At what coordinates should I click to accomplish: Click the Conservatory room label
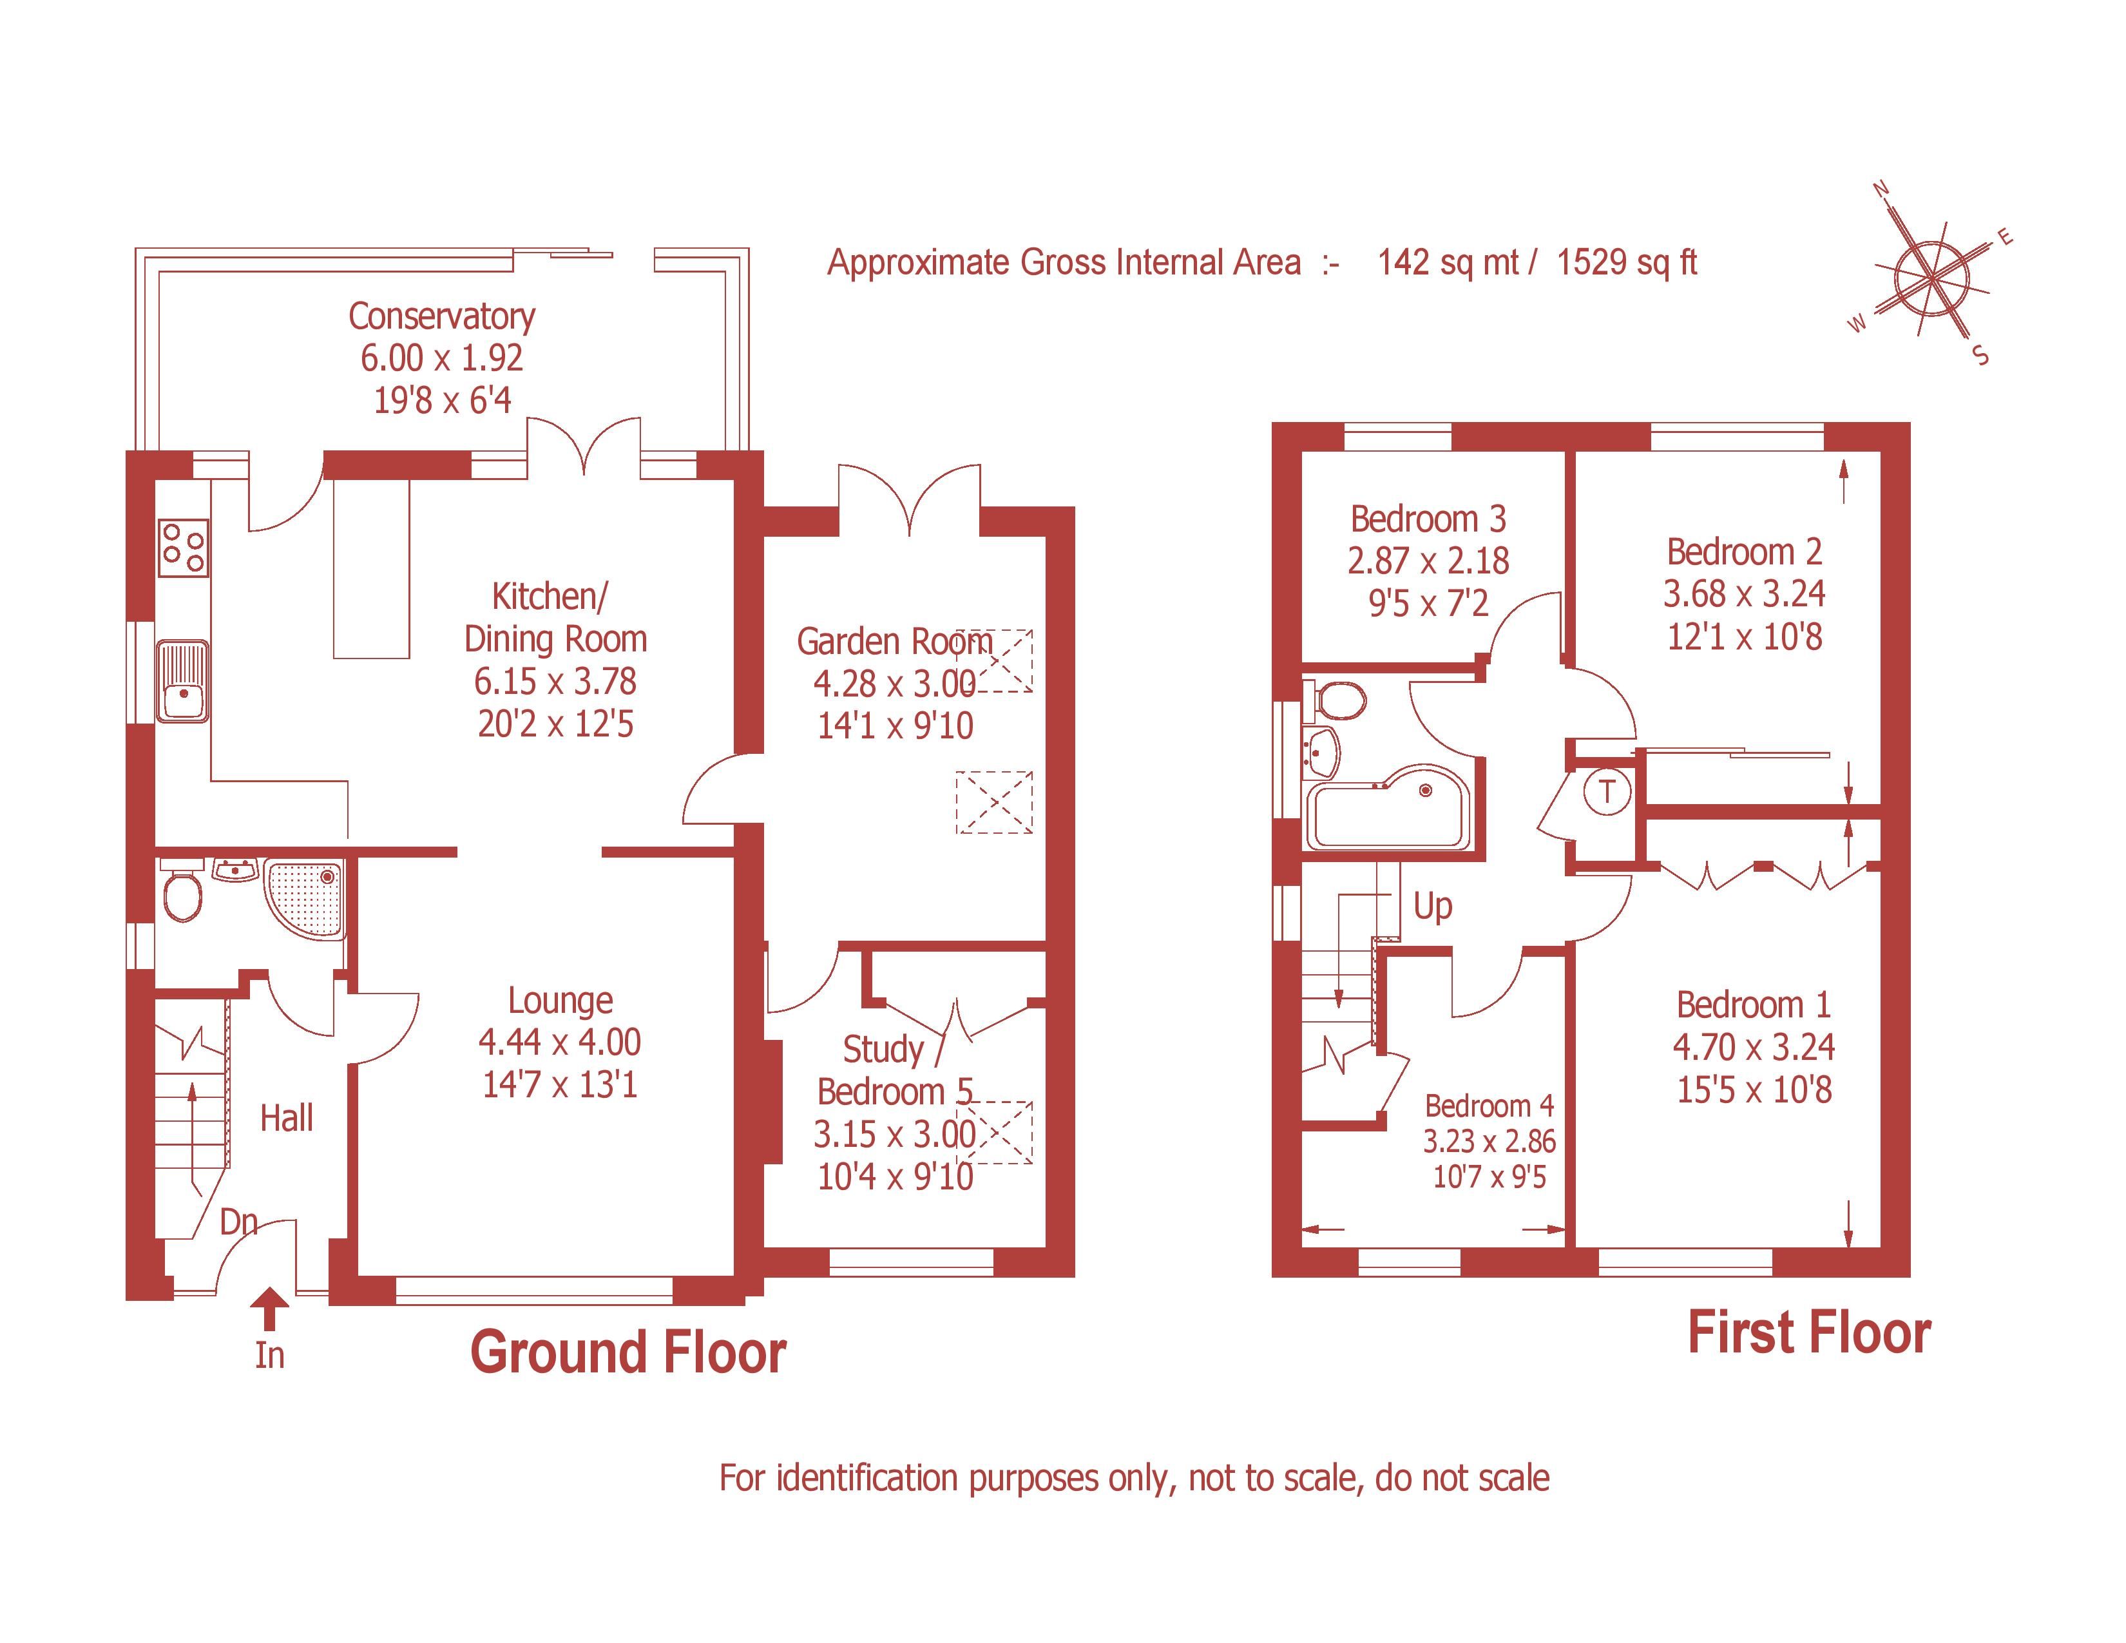[x=442, y=316]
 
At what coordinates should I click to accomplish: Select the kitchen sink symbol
[x=183, y=681]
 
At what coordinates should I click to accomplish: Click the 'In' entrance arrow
[x=270, y=1310]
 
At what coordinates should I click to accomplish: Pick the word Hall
[x=286, y=1119]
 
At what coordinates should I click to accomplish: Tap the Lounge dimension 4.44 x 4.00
[x=560, y=1042]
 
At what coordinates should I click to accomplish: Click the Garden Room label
[x=894, y=642]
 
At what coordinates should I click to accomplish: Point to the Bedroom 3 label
[x=1428, y=519]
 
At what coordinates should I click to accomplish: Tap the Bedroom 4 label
[x=1489, y=1106]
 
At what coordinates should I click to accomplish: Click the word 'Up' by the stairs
[x=1433, y=906]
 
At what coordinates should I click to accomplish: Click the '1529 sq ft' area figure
[x=1627, y=263]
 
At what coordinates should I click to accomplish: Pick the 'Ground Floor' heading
[x=628, y=1353]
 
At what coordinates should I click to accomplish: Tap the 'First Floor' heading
[x=1808, y=1334]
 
